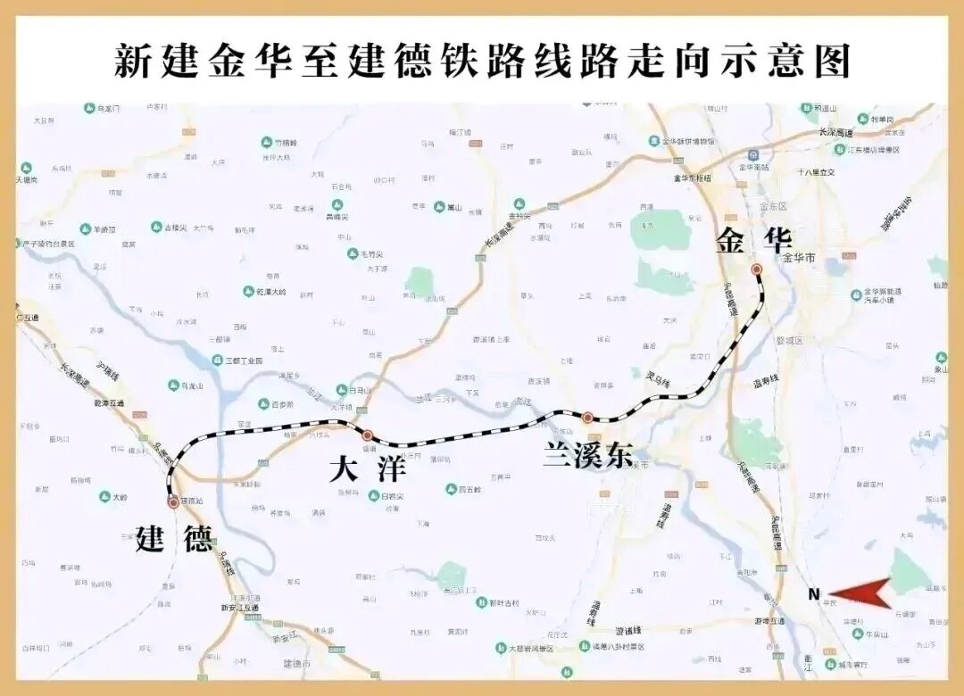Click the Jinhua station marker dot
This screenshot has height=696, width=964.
coord(756,269)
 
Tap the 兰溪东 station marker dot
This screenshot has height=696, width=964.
coord(587,418)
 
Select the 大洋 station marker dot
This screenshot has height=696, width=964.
coord(367,436)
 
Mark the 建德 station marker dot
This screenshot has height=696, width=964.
coord(173,503)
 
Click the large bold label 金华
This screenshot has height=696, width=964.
coord(753,240)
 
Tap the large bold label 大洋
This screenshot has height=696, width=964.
coord(367,468)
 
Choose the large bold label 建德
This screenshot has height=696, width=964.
coord(175,539)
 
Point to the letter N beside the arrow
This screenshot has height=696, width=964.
coord(813,594)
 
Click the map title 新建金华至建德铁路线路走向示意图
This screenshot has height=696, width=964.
coord(482,61)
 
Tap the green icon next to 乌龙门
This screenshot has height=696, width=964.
coord(89,108)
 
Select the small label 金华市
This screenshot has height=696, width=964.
coord(799,258)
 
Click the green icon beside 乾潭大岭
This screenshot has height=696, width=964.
coord(249,292)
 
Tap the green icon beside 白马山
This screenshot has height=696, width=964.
coord(341,390)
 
